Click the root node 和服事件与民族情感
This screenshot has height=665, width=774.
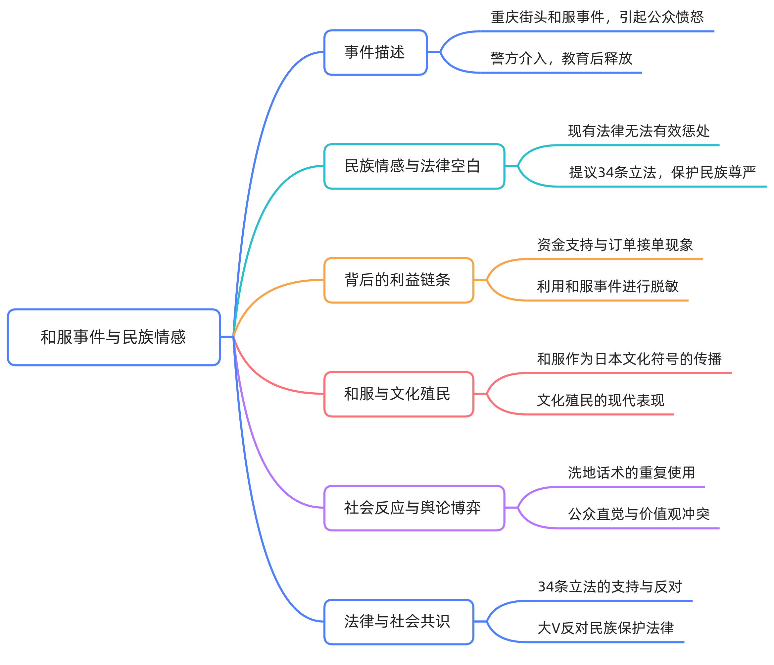114,337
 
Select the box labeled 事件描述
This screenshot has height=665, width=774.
375,52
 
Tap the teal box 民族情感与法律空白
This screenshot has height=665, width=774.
414,166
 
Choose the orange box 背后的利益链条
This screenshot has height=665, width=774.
398,280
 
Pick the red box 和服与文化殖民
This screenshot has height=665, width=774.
398,394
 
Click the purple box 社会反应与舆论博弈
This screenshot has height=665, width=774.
414,508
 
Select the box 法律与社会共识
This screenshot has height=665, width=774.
398,622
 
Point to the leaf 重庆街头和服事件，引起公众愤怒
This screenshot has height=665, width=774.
597,17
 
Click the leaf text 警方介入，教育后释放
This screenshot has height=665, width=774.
561,58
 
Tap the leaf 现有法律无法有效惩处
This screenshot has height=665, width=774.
638,131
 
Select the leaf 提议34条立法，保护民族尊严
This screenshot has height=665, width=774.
662,172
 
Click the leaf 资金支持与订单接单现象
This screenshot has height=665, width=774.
614,245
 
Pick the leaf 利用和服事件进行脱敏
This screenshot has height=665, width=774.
607,286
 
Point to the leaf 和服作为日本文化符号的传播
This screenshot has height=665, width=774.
629,359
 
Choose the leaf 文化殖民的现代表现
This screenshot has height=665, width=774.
600,400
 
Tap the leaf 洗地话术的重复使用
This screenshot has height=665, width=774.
631,473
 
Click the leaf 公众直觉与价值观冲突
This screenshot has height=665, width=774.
638,514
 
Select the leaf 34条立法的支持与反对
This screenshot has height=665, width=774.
610,587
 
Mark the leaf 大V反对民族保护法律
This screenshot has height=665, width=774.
605,628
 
